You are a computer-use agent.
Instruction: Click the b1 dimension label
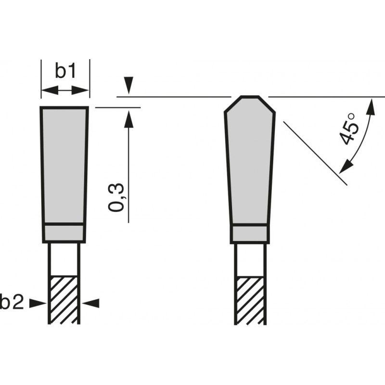pos(65,71)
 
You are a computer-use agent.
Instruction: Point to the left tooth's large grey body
pos(64,164)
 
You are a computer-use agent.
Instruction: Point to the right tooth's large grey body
pos(250,164)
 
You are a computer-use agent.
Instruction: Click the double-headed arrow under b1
pos(65,90)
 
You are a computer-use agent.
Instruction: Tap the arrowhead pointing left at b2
pos(91,303)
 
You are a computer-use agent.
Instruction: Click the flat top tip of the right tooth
pos(250,97)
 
